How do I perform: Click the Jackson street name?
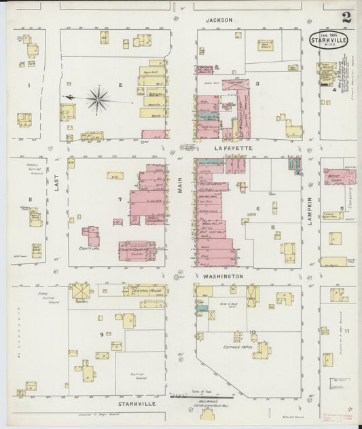219,20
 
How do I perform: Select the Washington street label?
221,276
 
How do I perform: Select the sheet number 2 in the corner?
346,18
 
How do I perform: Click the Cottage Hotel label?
236,346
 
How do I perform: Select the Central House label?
144,291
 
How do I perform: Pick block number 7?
120,199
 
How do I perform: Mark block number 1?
29,86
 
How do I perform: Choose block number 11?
346,331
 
